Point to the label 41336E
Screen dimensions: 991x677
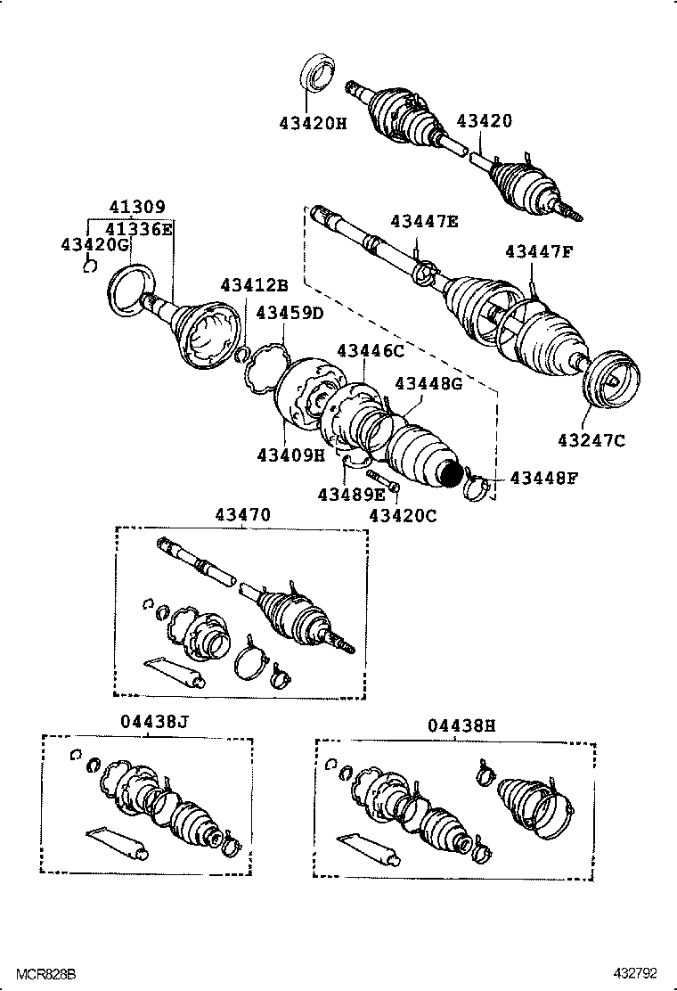[139, 228]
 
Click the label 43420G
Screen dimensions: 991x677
[95, 244]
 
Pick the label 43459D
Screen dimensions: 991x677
[290, 313]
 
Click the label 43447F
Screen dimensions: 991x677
[539, 251]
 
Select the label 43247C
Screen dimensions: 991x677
[592, 438]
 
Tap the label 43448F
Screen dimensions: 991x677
[543, 479]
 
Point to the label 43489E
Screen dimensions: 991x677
[352, 493]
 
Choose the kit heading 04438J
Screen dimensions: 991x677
[152, 723]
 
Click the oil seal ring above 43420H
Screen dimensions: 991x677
[317, 74]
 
